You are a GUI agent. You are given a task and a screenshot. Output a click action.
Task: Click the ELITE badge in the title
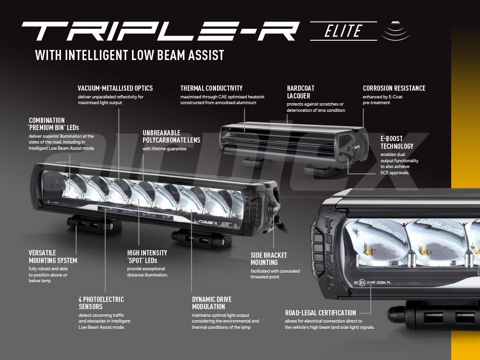343,31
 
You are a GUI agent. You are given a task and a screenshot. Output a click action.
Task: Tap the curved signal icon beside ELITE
396,31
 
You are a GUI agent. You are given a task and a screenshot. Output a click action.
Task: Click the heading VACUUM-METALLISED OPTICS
115,88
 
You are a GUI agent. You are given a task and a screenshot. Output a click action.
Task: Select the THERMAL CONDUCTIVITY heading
211,88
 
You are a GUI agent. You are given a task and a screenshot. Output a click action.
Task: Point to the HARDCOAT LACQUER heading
300,92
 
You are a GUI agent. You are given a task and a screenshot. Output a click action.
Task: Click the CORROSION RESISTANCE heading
394,88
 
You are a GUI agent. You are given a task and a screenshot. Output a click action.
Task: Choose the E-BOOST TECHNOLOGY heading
397,143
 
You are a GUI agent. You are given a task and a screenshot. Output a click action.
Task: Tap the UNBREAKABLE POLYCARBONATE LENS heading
171,136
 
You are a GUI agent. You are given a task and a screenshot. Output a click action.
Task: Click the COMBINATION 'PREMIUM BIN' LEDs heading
54,124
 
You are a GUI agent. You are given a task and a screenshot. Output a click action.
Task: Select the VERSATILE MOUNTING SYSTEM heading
53,256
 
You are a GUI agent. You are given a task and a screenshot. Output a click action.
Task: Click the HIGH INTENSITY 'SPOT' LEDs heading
147,256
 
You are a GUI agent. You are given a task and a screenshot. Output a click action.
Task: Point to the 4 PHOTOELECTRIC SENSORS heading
101,303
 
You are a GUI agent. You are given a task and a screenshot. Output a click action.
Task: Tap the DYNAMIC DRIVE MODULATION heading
212,303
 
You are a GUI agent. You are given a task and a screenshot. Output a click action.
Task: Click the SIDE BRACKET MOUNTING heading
269,259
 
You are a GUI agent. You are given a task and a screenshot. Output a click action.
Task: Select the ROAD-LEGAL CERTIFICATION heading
321,313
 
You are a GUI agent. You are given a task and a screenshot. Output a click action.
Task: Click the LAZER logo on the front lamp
206,223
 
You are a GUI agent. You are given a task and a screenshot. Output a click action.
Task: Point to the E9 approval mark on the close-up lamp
362,283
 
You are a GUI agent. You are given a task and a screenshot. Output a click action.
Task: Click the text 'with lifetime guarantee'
164,149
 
